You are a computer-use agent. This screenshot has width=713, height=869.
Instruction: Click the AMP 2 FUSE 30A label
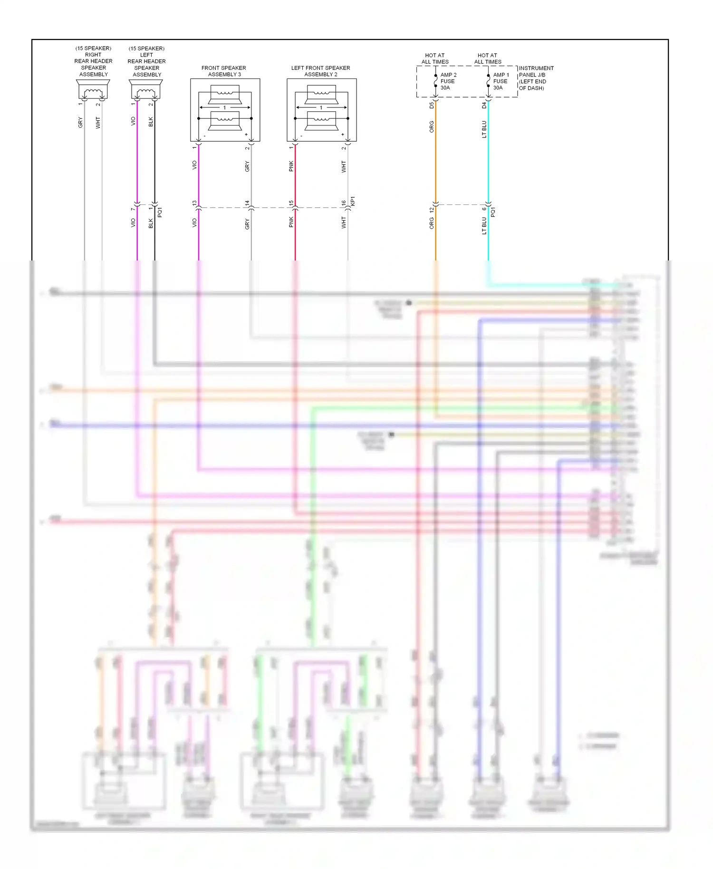(448, 81)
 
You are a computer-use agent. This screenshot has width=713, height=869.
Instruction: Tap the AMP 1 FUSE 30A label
(501, 81)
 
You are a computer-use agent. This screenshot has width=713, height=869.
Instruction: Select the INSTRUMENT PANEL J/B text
(536, 72)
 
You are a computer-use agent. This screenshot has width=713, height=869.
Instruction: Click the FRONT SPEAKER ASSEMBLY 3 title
(224, 71)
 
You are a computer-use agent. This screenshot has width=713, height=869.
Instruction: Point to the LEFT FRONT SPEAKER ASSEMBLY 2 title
(321, 71)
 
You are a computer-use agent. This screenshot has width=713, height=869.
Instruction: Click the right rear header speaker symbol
(93, 90)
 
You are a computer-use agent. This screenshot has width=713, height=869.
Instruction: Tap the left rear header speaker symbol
(146, 90)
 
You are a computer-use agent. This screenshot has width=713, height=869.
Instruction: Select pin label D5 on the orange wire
(432, 106)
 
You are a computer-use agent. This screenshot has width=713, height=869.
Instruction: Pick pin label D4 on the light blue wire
(484, 106)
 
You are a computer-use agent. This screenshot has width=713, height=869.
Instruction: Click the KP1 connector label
(353, 201)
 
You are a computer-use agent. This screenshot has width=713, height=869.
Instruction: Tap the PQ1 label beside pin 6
(493, 212)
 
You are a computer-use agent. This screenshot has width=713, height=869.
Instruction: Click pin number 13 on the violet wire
(194, 203)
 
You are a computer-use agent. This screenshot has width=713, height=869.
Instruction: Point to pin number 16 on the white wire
(344, 203)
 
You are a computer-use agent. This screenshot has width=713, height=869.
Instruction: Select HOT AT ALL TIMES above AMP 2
(435, 58)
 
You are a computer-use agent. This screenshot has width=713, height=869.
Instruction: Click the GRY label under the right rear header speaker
(80, 122)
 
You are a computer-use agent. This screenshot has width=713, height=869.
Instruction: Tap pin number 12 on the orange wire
(432, 210)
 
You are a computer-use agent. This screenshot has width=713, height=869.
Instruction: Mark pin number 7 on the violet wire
(133, 209)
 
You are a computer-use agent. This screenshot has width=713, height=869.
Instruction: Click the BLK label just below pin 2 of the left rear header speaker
(151, 122)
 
